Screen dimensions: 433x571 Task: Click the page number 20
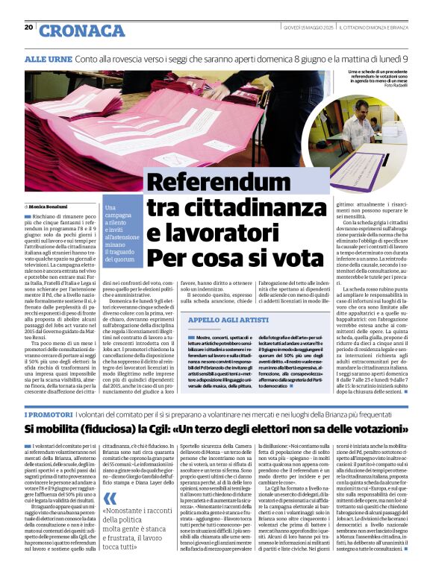[x=28, y=28]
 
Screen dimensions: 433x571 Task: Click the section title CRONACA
[x=82, y=31]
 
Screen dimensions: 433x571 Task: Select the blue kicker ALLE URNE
[x=47, y=58]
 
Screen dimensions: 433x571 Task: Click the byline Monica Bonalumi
[x=50, y=205]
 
